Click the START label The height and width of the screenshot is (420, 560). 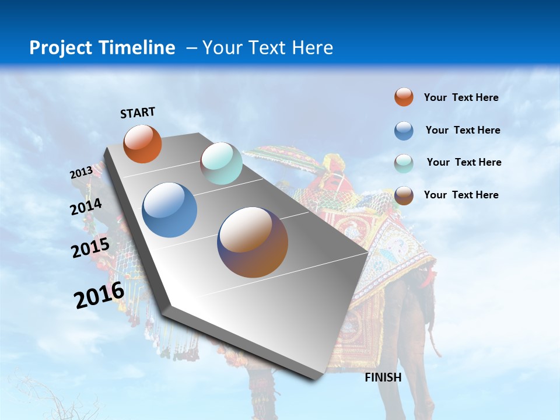[x=138, y=113]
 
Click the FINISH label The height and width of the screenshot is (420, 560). [x=383, y=377]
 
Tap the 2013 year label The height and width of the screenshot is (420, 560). [x=81, y=173]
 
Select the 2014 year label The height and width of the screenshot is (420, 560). [x=86, y=207]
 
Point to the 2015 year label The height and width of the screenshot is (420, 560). [x=90, y=248]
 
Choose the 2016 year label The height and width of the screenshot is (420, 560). [x=99, y=295]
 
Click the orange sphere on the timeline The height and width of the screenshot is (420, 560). [x=142, y=143]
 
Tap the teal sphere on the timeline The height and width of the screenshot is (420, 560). [x=221, y=163]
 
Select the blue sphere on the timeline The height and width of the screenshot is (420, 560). [x=169, y=210]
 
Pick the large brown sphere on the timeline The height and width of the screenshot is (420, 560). [x=253, y=242]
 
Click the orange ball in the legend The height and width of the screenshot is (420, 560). [x=404, y=97]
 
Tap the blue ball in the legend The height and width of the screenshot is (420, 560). [x=404, y=131]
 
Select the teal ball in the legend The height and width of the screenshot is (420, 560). [x=404, y=163]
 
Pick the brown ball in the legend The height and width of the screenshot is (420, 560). [x=404, y=195]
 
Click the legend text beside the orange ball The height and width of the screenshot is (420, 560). [x=461, y=97]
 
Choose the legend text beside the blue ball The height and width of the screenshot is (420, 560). [x=463, y=130]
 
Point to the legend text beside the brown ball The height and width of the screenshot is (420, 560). [x=461, y=195]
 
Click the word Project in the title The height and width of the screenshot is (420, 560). [x=61, y=48]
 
